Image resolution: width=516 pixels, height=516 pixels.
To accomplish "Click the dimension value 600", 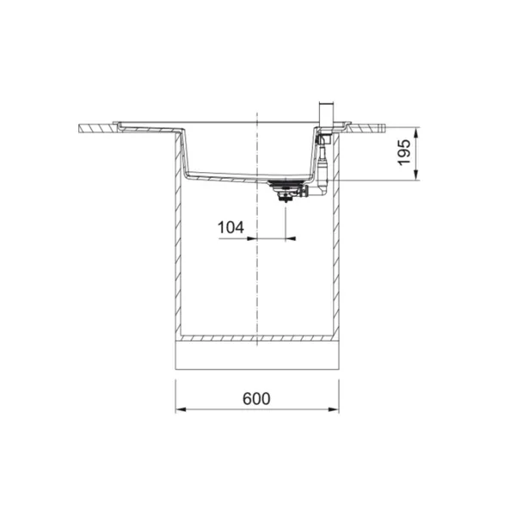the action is click(x=256, y=398).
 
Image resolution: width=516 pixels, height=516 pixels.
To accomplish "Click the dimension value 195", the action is click(x=404, y=152).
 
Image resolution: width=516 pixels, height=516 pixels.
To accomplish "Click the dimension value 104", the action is click(x=230, y=227).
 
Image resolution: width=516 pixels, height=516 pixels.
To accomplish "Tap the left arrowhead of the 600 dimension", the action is click(x=181, y=409).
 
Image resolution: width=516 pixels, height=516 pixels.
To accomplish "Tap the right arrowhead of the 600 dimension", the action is click(x=334, y=409).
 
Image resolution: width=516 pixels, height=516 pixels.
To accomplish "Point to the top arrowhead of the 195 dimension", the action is click(x=416, y=132).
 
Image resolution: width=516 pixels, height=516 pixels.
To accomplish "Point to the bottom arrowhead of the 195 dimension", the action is click(x=416, y=175).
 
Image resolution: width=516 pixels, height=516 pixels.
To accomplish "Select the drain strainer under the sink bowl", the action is click(x=285, y=190).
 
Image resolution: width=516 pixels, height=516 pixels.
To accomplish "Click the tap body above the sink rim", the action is click(x=327, y=115).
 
